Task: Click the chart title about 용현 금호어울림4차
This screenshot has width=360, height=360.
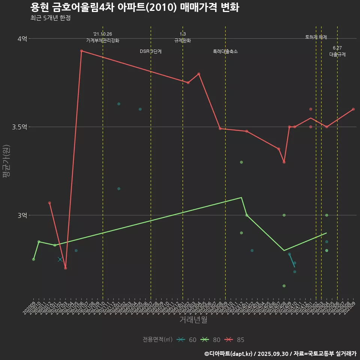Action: tap(134, 7)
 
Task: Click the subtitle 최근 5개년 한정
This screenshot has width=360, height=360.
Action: tap(50, 18)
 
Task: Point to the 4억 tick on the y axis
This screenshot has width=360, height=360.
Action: tap(22, 39)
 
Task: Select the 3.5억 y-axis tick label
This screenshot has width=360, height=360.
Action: tap(20, 127)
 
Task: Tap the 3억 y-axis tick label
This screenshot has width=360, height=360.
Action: tap(22, 215)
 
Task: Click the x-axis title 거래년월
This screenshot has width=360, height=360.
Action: tap(193, 319)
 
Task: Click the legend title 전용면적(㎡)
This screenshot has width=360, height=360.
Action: tap(157, 340)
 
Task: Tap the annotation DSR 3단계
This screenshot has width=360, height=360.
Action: tap(151, 51)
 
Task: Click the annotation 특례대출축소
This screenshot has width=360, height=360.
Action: tap(225, 51)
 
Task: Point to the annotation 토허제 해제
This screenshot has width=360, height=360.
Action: tap(316, 37)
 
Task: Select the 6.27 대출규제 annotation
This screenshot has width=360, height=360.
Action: tap(337, 51)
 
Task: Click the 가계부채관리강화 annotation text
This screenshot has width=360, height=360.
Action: tap(103, 40)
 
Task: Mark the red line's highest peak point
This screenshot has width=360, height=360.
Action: tap(81, 51)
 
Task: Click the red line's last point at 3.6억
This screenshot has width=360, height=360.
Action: tap(353, 109)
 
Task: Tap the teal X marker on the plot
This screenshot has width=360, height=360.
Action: tap(60, 259)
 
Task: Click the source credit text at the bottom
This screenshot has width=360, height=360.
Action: tap(280, 353)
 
